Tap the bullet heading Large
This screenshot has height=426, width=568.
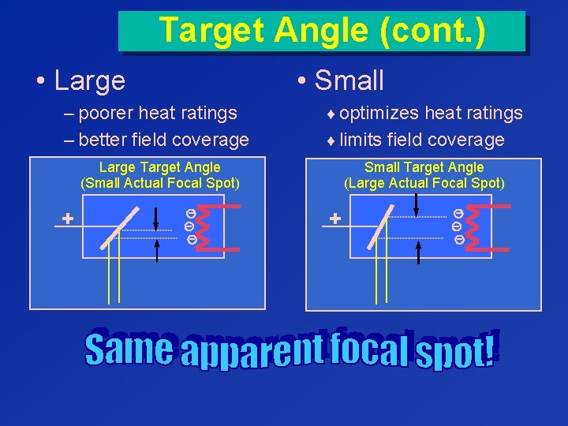pos(90,80)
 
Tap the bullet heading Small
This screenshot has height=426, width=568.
pos(349,80)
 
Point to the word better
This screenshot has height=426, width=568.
pos(106,140)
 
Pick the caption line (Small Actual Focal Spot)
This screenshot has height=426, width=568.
pos(159,183)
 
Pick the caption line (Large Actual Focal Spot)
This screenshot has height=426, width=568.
pos(424,183)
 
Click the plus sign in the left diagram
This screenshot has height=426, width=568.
pos(68,219)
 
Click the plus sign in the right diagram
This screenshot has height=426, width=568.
pos(334,219)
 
